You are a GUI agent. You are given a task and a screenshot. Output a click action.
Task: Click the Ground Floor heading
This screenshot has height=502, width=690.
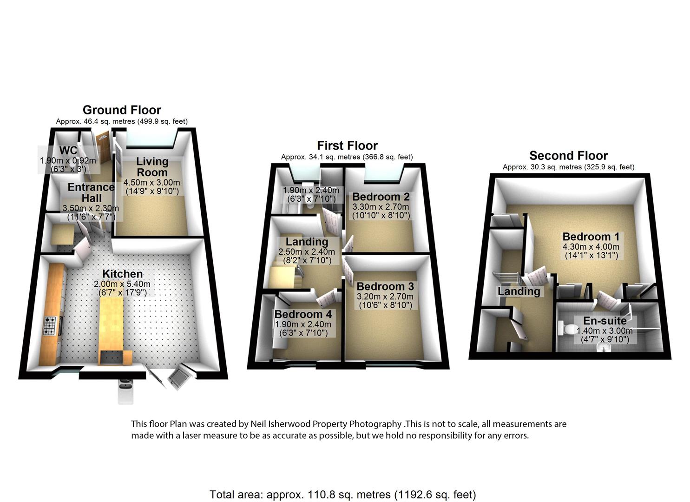(122, 110)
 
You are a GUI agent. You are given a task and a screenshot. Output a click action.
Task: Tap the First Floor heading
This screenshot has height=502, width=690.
(347, 145)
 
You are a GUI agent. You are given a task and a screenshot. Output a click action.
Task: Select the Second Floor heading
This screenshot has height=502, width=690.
(569, 156)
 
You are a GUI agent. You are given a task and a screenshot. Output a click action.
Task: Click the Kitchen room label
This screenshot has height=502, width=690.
(122, 274)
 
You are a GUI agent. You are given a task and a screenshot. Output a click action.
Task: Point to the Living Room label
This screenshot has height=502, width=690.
(152, 167)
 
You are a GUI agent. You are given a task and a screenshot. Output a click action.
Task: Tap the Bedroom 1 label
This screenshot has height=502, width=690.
(591, 237)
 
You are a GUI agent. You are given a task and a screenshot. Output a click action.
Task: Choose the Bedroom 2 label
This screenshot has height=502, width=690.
(381, 196)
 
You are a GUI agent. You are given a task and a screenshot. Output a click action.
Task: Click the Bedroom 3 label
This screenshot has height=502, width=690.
(385, 286)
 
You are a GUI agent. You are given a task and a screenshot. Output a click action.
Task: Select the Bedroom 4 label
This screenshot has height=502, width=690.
(303, 314)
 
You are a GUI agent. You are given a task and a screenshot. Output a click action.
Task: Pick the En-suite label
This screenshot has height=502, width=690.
(605, 321)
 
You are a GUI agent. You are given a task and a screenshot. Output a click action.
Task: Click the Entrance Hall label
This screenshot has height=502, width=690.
(91, 192)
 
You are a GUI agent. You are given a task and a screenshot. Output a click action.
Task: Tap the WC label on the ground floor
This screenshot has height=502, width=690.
(68, 151)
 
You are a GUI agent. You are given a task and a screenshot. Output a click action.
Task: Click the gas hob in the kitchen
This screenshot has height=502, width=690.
(50, 326)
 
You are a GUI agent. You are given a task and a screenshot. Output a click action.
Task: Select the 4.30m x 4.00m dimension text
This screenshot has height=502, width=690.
(591, 246)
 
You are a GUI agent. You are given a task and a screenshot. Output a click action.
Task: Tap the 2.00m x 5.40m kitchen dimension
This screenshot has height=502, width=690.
(122, 284)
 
